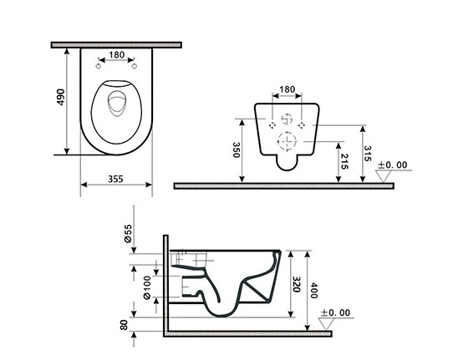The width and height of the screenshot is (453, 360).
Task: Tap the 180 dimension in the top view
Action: tap(117, 55)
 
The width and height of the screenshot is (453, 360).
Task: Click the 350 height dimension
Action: tap(237, 150)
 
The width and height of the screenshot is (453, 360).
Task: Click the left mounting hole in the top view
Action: tap(99, 67)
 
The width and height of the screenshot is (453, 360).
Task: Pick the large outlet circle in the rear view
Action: tap(287, 141)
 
